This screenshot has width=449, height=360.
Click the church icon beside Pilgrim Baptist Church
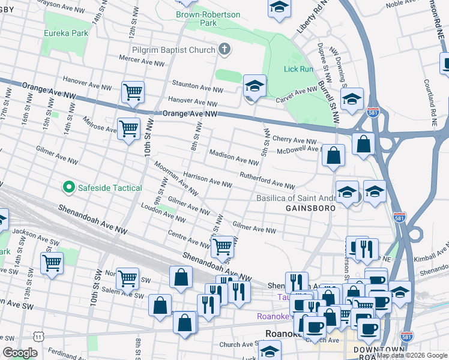click(x=224, y=50)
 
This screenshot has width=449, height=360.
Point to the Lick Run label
click(x=298, y=69)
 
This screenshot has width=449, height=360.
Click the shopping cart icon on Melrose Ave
click(x=128, y=128)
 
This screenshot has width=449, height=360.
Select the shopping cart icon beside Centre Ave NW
click(x=222, y=245)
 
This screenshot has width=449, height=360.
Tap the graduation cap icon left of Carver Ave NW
click(x=255, y=86)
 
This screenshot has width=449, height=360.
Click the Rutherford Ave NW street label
click(x=267, y=181)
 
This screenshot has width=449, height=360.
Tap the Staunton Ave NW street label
click(x=197, y=88)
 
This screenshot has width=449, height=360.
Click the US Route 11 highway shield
click(x=39, y=338)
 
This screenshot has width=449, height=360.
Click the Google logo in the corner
click(x=20, y=352)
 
